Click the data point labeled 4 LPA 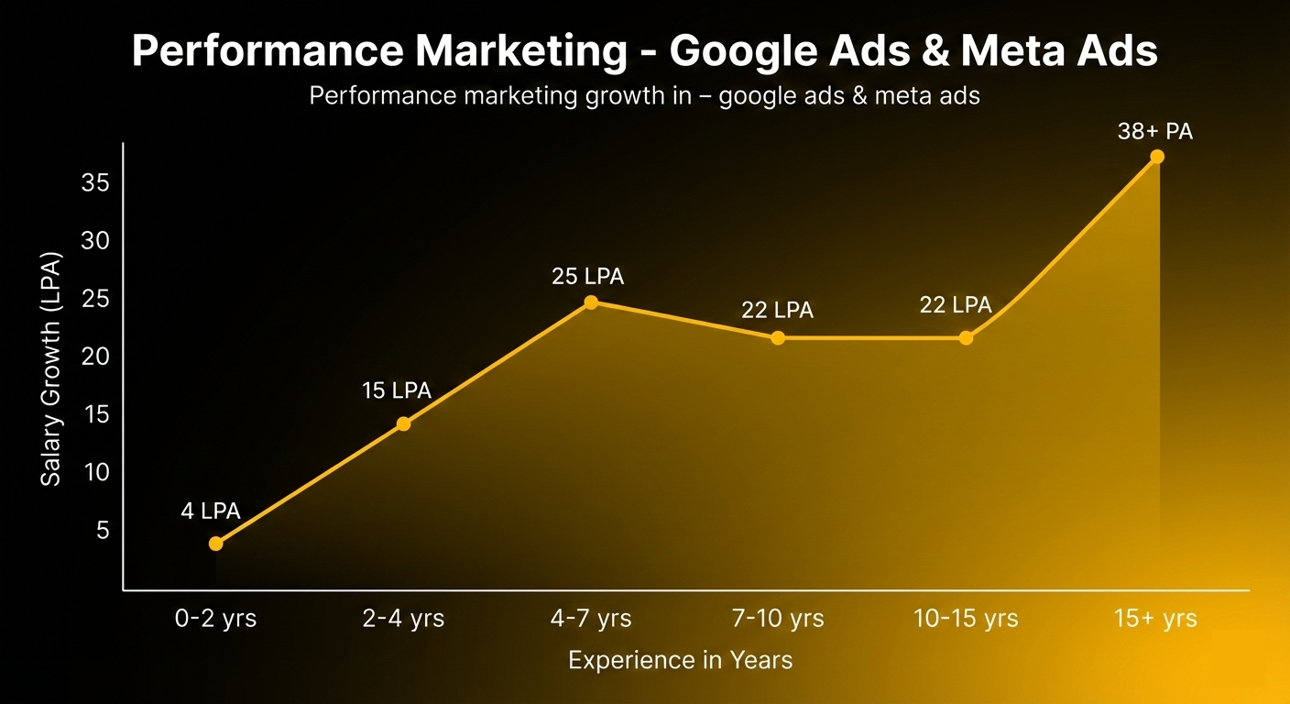coord(216,544)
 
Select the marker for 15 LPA coord(403,423)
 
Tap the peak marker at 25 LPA coord(591,302)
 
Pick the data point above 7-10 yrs coord(778,338)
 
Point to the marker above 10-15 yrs coord(966,338)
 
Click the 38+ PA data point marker coord(1157,157)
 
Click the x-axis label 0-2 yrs coord(216,619)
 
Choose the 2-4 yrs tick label coord(403,619)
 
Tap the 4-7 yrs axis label coord(591,619)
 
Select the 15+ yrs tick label coord(1155,619)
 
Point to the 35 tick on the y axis coord(95,183)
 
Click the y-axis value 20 coord(95,357)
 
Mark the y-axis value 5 coord(102,530)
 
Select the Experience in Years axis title coord(680,660)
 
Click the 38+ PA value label coord(1155,132)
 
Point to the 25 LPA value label coord(587,276)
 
